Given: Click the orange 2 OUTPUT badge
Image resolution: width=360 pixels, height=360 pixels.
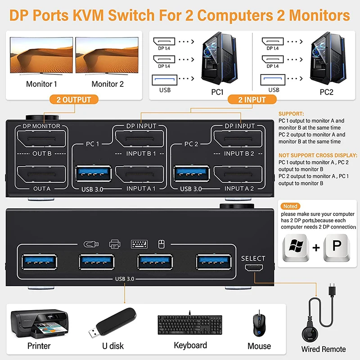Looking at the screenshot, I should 74,100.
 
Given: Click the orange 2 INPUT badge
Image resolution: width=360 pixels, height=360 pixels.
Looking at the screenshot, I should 252,100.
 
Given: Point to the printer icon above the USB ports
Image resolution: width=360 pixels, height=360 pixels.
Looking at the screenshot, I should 115,244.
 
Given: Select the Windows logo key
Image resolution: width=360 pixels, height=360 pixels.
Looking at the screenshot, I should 296,247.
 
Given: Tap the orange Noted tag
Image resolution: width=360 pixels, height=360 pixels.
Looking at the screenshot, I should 290,206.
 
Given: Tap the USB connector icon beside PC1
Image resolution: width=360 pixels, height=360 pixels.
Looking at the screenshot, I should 165,80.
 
